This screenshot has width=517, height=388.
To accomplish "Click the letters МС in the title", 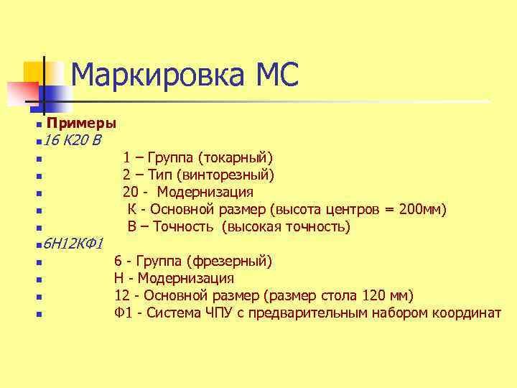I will [273, 74].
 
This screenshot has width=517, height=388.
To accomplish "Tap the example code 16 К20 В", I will [72, 139].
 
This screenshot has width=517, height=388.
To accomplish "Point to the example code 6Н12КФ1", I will [75, 244].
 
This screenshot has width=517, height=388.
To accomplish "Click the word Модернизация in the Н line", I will [185, 278].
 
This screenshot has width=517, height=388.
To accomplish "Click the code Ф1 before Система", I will [122, 313].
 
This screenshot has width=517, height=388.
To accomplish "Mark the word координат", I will [465, 313].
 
